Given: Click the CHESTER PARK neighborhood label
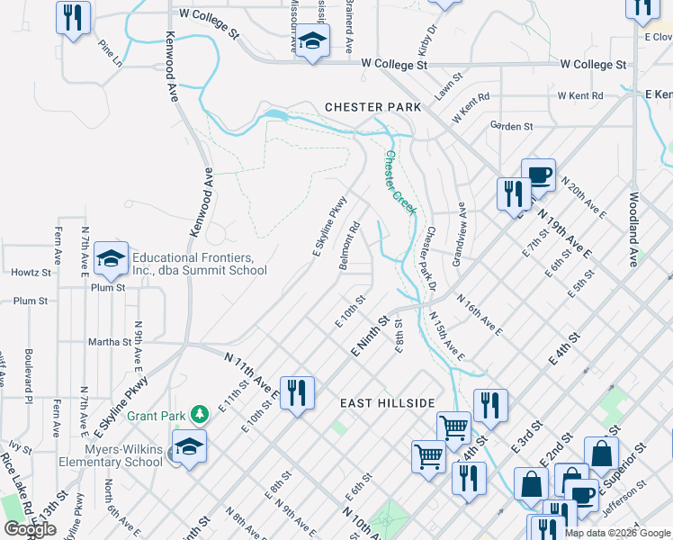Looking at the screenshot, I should coord(372,107).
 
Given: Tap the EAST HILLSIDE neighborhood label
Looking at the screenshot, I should coord(388,403).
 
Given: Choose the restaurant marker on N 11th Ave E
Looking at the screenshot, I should coord(296,393).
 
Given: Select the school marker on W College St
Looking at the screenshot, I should coord(313,41).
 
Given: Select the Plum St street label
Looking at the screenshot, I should coord(30,301).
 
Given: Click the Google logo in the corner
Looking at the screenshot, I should coord(30,529).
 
